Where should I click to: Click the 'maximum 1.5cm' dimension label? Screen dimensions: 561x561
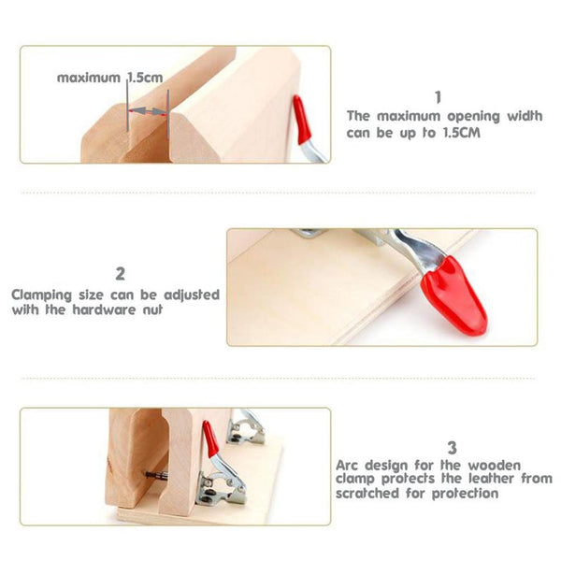(x=109, y=78)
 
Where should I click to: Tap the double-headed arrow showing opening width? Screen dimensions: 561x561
(x=148, y=111)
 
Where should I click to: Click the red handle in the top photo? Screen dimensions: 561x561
(x=302, y=120)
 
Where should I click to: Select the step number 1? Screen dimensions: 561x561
(x=438, y=97)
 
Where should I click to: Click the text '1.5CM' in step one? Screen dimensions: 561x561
(x=462, y=133)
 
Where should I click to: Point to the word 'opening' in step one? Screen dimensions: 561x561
(x=473, y=117)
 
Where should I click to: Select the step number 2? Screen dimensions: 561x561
(x=121, y=274)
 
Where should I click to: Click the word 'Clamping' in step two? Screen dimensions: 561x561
(x=42, y=295)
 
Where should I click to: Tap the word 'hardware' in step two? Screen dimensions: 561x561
(x=104, y=309)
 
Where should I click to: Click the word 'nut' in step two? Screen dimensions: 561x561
(x=152, y=309)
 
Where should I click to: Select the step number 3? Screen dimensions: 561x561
(x=453, y=448)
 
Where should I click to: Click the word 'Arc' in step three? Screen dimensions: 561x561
(x=347, y=466)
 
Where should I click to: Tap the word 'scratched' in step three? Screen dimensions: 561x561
(x=367, y=494)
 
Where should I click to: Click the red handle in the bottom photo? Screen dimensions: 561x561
(x=210, y=439)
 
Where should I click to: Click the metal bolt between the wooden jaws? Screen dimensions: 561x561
(x=156, y=476)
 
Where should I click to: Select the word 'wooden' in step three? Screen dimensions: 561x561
(x=495, y=466)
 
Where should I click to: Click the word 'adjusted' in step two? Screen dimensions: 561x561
(x=192, y=295)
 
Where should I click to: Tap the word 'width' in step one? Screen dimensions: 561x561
(x=525, y=116)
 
